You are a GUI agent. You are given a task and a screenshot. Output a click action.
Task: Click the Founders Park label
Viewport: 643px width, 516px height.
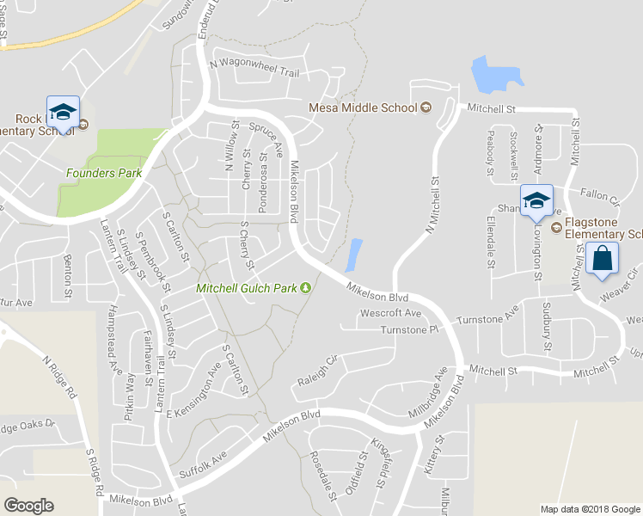pos(104,173)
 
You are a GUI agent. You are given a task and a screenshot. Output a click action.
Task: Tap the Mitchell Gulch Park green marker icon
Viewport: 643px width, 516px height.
pos(305,287)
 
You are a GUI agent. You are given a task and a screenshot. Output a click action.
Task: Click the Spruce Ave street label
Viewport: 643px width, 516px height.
pos(266,137)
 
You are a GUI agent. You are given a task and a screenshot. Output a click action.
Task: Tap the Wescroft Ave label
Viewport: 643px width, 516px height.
pos(390,313)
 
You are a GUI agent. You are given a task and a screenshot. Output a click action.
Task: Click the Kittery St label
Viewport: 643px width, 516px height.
pos(432,455)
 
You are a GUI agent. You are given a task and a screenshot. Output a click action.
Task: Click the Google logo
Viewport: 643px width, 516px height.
pos(28,505)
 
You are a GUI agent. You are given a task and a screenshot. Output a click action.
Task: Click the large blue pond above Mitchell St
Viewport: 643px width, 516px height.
pos(494,76)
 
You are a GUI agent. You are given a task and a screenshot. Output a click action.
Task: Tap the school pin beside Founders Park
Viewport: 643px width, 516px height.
pos(63,112)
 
